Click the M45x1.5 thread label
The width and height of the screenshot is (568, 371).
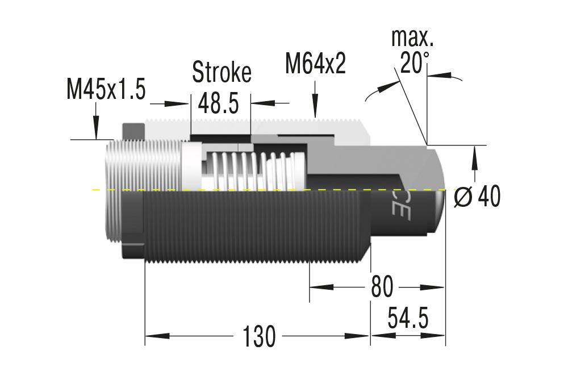click(x=106, y=90)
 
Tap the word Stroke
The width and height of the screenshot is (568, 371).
click(x=222, y=72)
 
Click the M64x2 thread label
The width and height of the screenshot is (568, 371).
click(x=315, y=64)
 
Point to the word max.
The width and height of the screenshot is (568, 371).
click(x=412, y=38)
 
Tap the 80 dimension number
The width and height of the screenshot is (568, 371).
click(x=381, y=287)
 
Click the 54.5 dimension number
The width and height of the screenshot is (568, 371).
click(x=408, y=318)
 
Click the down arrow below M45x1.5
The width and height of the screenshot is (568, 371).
click(x=96, y=128)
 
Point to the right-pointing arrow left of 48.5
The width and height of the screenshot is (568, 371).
click(x=177, y=104)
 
